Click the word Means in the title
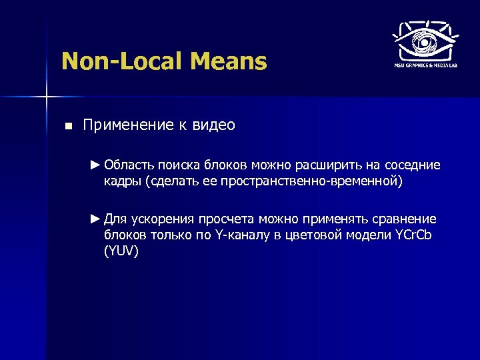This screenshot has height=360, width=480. [x=229, y=62]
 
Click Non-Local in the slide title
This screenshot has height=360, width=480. [x=121, y=62]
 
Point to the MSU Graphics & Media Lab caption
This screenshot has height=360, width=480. [x=423, y=65]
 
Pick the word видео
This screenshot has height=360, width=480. [x=215, y=125]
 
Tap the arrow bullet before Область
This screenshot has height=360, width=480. [x=96, y=165]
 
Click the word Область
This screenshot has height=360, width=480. [x=129, y=165]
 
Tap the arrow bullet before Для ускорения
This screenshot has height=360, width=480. [x=96, y=219]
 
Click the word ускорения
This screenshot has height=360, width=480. [x=162, y=219]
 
